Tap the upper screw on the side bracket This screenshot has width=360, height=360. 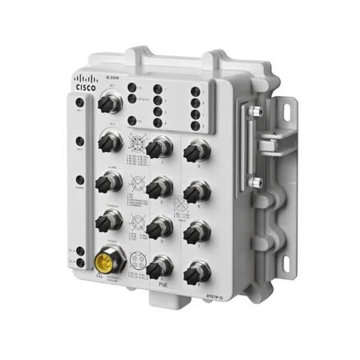256,112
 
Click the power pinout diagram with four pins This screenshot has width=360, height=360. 135,262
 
